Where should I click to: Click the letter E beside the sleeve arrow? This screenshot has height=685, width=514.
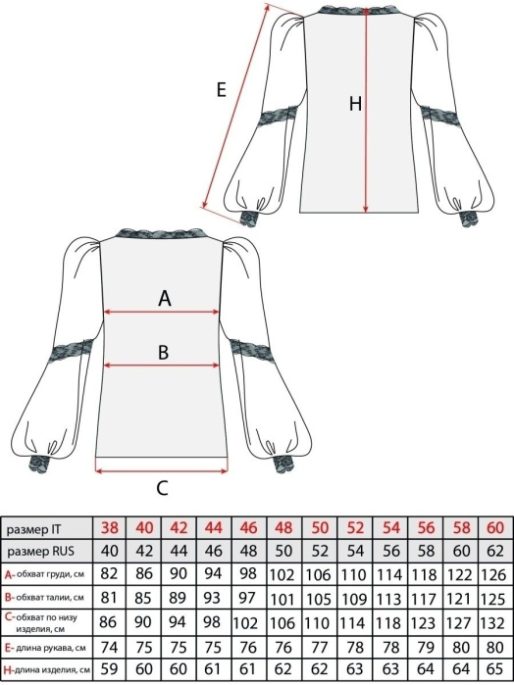tap(222, 90)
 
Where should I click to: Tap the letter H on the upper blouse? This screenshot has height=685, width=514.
tap(355, 104)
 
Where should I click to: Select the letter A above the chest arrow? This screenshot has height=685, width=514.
tap(165, 299)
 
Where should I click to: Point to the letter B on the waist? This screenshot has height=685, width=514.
tap(163, 353)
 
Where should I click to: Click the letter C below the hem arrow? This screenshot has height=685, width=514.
tap(162, 488)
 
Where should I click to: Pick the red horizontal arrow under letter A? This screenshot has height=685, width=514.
tap(162, 312)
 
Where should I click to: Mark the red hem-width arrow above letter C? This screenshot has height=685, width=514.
tap(162, 471)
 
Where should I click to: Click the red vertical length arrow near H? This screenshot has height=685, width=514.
tap(366, 109)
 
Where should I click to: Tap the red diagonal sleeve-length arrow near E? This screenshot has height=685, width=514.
tap(235, 107)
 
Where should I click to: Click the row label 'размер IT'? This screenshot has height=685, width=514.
tap(33, 529)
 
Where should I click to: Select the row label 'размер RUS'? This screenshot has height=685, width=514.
tap(40, 552)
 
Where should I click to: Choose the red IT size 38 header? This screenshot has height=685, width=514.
tap(109, 528)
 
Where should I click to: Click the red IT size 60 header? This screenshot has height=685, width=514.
tap(495, 528)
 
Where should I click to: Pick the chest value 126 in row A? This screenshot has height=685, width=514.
tap(493, 574)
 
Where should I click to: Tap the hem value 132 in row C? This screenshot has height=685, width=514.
tap(493, 622)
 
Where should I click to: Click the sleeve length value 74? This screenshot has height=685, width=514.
tap(109, 647)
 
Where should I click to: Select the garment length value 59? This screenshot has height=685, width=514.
tap(109, 669)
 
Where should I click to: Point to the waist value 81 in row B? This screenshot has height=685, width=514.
tap(109, 597)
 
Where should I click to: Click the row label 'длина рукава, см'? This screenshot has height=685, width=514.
tap(51, 648)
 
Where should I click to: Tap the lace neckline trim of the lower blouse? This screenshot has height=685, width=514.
tap(162, 234)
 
